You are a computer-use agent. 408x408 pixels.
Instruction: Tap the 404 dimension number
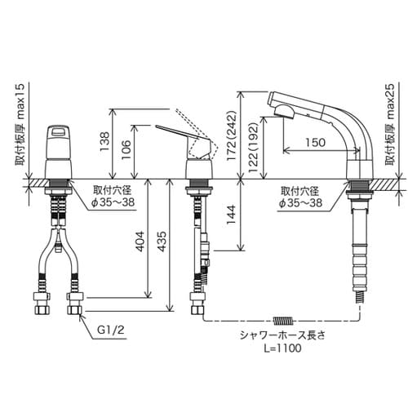(140, 241)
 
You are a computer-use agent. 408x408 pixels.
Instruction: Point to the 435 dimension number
(162, 241)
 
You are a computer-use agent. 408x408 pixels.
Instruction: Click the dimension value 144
(232, 215)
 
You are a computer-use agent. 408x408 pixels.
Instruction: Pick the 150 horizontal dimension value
(315, 142)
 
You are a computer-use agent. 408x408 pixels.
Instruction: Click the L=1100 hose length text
(283, 348)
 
